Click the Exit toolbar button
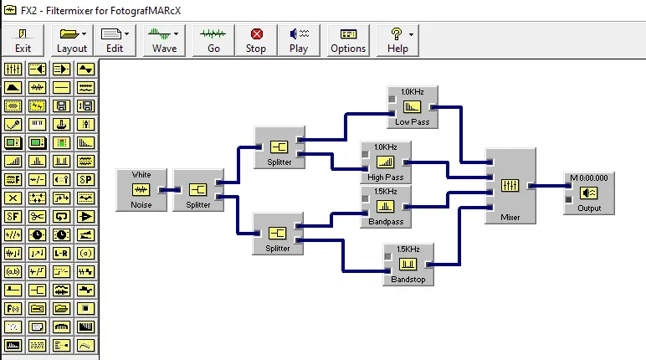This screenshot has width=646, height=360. [23, 39]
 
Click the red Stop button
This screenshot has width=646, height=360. [256, 39]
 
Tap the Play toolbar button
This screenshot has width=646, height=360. [299, 39]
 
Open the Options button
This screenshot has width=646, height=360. [348, 39]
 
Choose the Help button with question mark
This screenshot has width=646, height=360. [397, 39]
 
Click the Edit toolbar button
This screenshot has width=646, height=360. [115, 39]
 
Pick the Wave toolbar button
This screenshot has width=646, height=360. [164, 39]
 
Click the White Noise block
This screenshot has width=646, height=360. [141, 190]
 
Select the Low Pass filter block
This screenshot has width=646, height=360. [412, 107]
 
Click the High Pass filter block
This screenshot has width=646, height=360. [386, 162]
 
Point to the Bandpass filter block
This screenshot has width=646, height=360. [386, 206]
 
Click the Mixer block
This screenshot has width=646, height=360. [510, 186]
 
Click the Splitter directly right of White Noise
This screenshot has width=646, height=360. [198, 190]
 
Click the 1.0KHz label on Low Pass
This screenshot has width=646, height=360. [412, 91]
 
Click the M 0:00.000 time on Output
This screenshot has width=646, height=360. [589, 177]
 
